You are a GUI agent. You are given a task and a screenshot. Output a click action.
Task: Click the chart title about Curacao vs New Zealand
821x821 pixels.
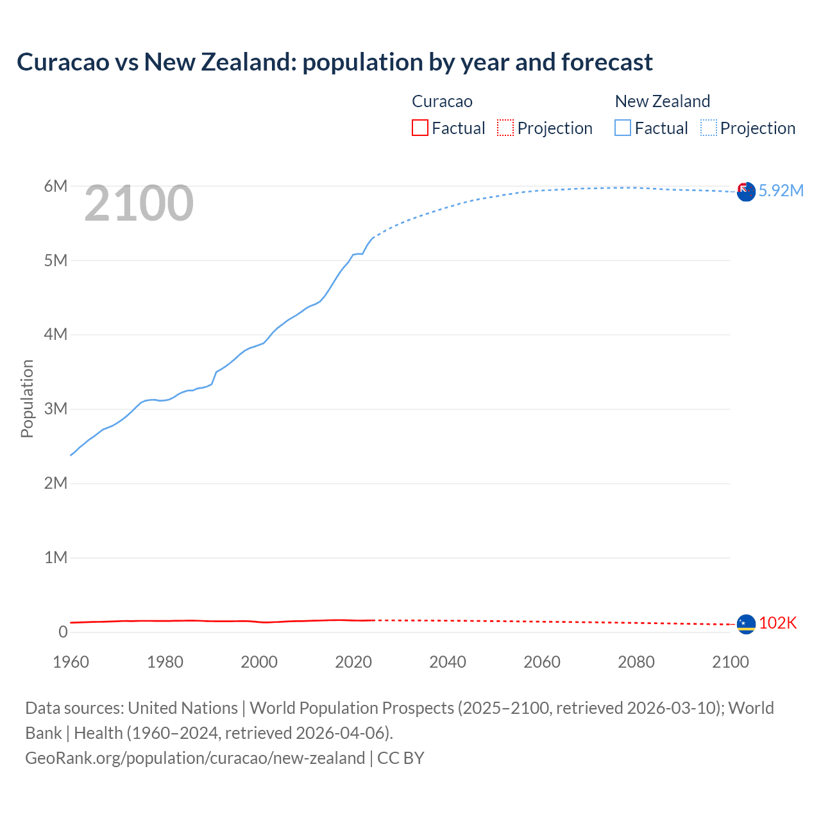[x=334, y=62]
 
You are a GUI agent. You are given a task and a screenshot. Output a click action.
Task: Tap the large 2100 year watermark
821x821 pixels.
[x=139, y=203]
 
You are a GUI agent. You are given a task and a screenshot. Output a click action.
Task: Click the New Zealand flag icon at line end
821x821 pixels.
[x=746, y=191]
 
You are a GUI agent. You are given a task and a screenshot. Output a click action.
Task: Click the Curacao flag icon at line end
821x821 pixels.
[x=746, y=623]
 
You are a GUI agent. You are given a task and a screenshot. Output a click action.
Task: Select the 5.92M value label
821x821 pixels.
[x=781, y=190]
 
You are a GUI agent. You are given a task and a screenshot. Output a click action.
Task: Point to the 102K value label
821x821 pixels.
[x=777, y=623]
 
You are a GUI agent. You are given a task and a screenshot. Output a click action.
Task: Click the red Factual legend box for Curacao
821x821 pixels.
[x=419, y=128]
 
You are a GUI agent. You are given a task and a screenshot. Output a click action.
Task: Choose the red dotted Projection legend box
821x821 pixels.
[x=505, y=128]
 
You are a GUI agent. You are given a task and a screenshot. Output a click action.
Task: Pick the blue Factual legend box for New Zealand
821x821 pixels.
[x=622, y=128]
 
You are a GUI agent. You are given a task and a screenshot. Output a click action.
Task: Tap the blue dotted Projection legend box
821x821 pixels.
[x=709, y=128]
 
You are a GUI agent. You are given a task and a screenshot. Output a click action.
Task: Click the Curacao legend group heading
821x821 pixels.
[x=442, y=101]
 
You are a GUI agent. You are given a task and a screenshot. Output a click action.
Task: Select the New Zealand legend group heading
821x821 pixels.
[x=662, y=101]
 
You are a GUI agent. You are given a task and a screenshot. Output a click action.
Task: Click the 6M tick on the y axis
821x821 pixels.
[x=56, y=186]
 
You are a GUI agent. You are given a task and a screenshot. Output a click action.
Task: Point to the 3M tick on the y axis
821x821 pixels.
[x=56, y=409]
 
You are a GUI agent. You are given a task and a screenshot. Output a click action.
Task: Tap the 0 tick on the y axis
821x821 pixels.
[x=63, y=632]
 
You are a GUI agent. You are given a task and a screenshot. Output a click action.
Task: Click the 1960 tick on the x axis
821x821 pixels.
[x=71, y=662]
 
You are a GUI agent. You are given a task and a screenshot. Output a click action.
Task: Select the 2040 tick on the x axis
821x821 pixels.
[x=448, y=662]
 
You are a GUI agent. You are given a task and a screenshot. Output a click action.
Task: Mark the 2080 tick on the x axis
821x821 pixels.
[x=636, y=662]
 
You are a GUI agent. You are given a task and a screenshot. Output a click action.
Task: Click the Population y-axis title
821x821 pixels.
[x=27, y=398]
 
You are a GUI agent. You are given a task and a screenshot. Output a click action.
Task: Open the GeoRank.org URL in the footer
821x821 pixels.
[x=195, y=758]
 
